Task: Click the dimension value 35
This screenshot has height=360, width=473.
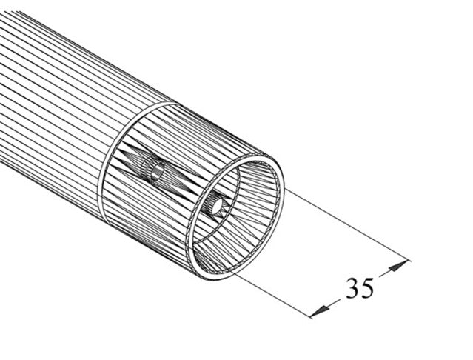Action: pos(360,286)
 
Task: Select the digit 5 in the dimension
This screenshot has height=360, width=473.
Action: pos(367,285)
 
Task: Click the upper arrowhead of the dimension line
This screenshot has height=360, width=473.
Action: pos(400,264)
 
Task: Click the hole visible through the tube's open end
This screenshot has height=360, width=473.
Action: pos(217,205)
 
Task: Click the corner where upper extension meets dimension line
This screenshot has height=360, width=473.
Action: pos(408,259)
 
